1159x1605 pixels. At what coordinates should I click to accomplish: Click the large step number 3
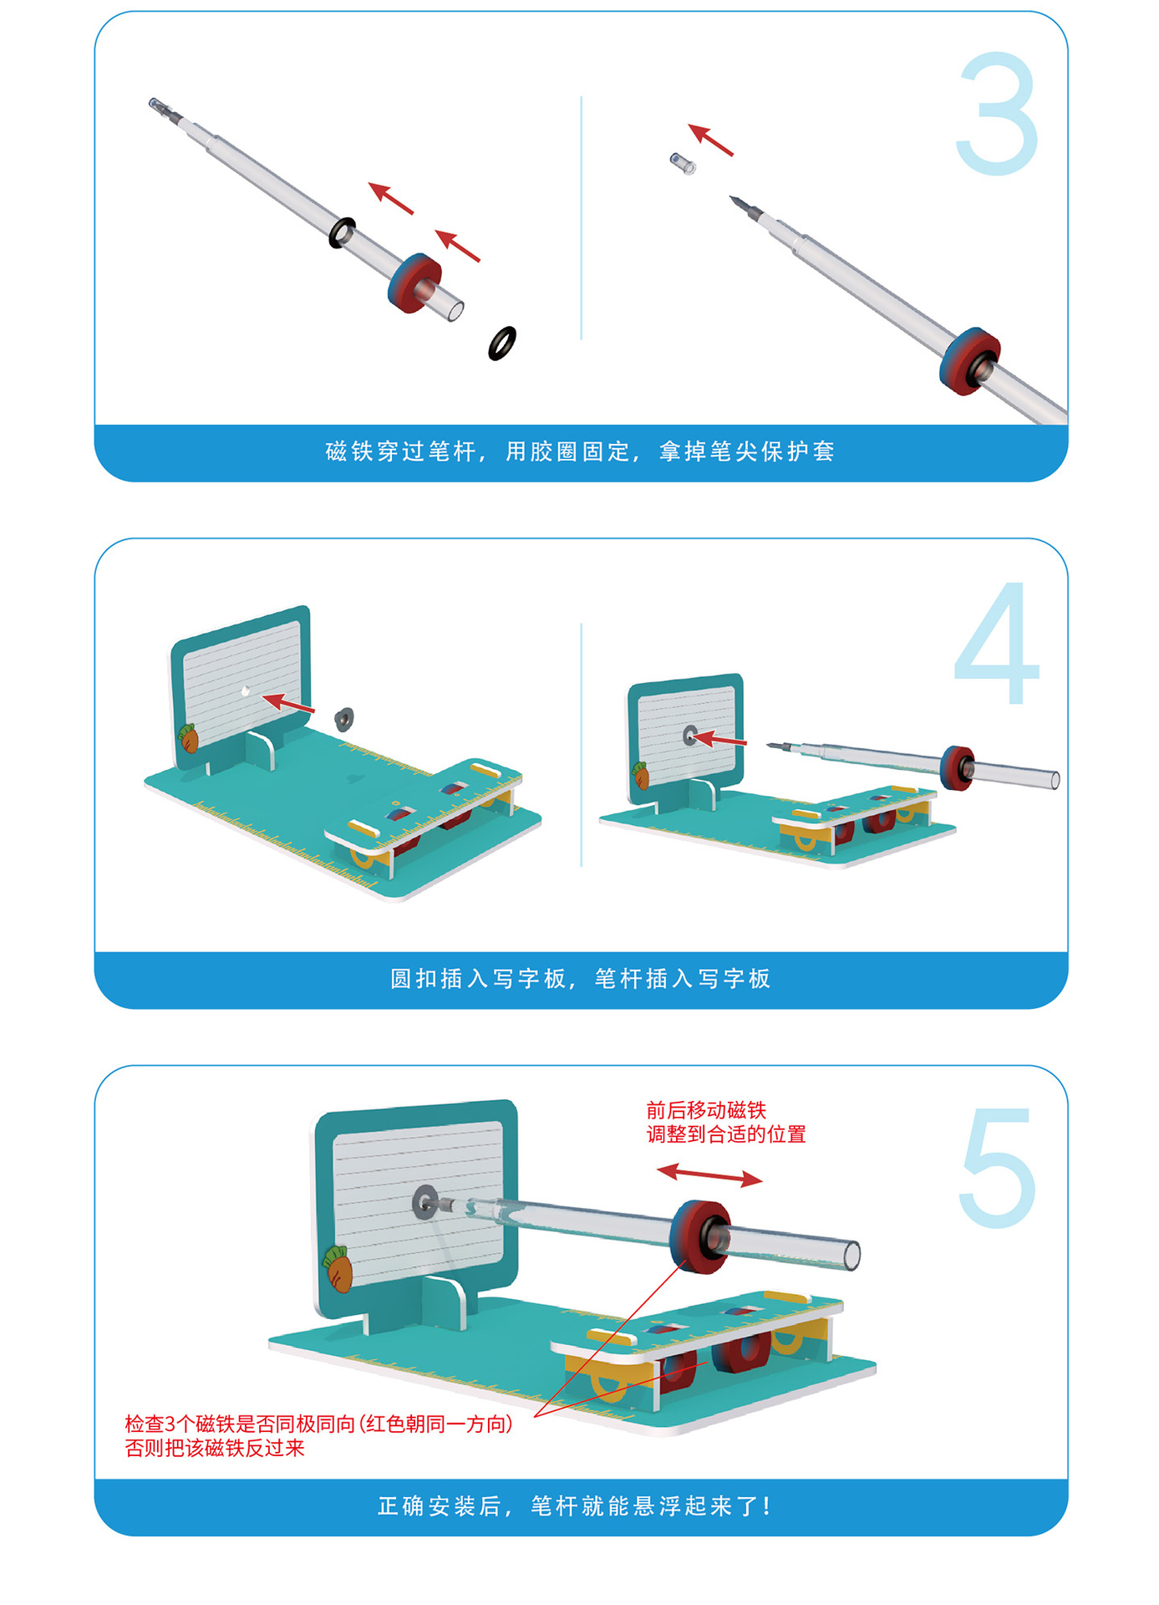pyautogui.click(x=997, y=114)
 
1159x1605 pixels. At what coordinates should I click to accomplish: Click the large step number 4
pyautogui.click(x=996, y=644)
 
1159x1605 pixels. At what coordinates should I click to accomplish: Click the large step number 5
pyautogui.click(x=997, y=1169)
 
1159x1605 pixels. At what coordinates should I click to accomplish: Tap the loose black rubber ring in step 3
pyautogui.click(x=502, y=343)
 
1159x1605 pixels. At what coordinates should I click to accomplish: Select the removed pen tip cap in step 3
pyautogui.click(x=683, y=162)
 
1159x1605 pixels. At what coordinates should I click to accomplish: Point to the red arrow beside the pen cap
pyautogui.click(x=711, y=140)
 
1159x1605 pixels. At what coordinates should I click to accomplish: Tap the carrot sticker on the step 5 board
pyautogui.click(x=338, y=1268)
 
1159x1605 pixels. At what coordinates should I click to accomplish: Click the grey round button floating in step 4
pyautogui.click(x=343, y=718)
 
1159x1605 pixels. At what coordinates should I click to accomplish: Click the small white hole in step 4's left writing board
pyautogui.click(x=245, y=690)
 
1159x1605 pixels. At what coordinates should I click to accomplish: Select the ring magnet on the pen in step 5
pyautogui.click(x=700, y=1236)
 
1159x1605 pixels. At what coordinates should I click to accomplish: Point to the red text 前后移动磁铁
pyautogui.click(x=706, y=1110)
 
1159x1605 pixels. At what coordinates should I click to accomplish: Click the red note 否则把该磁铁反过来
pyautogui.click(x=215, y=1448)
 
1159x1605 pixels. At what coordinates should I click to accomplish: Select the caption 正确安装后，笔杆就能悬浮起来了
pyautogui.click(x=575, y=1506)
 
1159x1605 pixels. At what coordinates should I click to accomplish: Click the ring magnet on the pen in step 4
pyautogui.click(x=958, y=767)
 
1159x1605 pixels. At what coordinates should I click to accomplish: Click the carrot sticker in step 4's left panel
pyautogui.click(x=189, y=738)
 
